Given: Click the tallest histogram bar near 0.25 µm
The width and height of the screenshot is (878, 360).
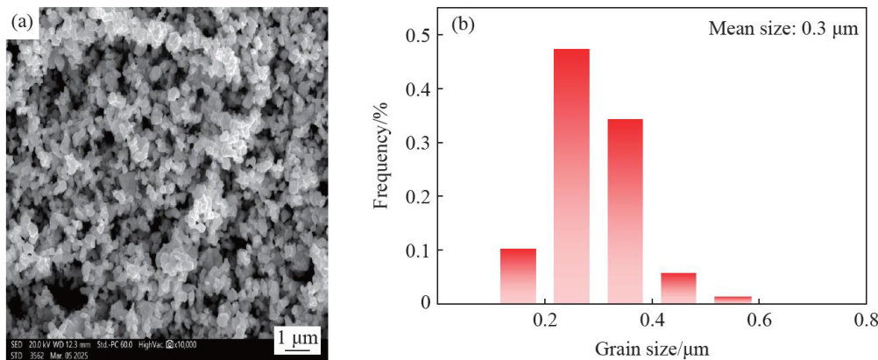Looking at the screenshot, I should pyautogui.click(x=571, y=175).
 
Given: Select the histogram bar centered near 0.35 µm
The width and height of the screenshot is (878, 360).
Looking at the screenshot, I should pyautogui.click(x=625, y=210).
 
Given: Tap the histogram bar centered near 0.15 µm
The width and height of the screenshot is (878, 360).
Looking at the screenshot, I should pyautogui.click(x=518, y=275).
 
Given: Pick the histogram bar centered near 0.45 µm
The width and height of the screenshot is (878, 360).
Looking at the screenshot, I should pyautogui.click(x=678, y=287).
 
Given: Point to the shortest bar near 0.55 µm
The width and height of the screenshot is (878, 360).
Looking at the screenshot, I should pyautogui.click(x=732, y=299).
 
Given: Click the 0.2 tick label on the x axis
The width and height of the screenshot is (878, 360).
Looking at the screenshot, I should pyautogui.click(x=545, y=321).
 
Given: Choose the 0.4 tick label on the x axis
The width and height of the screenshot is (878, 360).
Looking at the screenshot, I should pyautogui.click(x=652, y=321).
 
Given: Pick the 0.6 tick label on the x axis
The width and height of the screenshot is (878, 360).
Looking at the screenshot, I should pyautogui.click(x=759, y=321).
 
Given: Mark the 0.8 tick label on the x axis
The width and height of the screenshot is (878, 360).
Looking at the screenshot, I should pyautogui.click(x=865, y=321).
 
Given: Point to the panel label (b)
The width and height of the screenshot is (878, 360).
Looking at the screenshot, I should pyautogui.click(x=462, y=25).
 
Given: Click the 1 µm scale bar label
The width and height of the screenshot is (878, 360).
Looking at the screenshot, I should pyautogui.click(x=299, y=335).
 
